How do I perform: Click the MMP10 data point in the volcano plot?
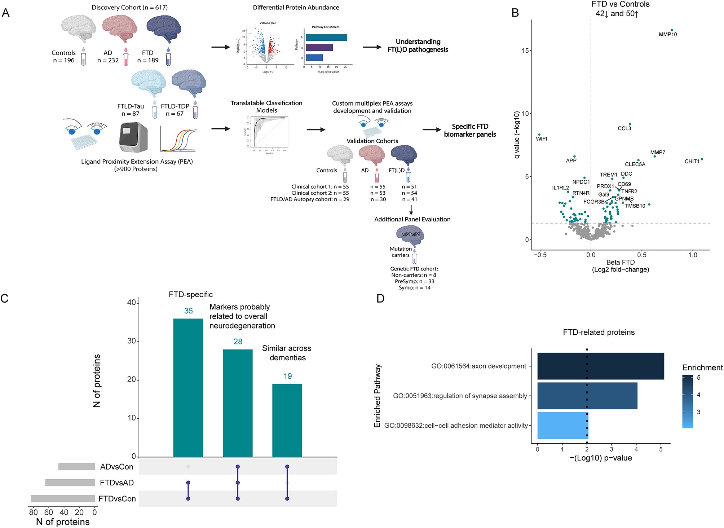[x=672, y=30]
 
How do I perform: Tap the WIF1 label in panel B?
[x=542, y=139]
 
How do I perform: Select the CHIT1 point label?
[x=692, y=161]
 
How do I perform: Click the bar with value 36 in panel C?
[x=188, y=388]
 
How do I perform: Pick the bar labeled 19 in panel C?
[x=287, y=420]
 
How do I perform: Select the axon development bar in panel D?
[x=600, y=366]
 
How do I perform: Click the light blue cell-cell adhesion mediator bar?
[x=562, y=426]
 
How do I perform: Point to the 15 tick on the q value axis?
[x=525, y=50]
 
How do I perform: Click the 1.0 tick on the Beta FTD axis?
[x=693, y=255]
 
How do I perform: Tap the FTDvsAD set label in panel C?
[x=117, y=483]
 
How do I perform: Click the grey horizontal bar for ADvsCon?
[x=76, y=467]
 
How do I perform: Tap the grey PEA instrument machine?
[x=133, y=137]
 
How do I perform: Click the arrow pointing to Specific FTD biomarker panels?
[x=432, y=130]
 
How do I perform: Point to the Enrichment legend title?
[x=702, y=368]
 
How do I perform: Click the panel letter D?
[x=380, y=299]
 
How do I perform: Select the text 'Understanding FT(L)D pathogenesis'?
[x=418, y=46]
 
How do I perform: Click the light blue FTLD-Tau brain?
[x=149, y=83]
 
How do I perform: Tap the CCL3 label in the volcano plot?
[x=624, y=128]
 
